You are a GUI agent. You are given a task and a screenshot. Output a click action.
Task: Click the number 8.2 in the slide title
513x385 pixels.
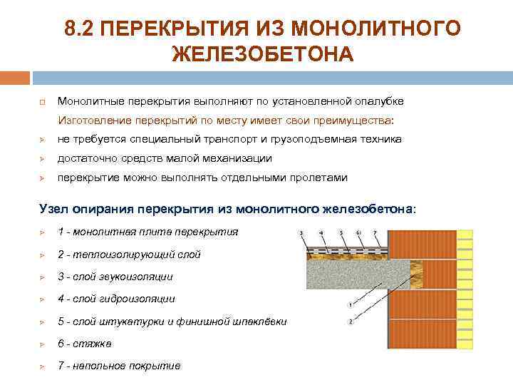[78, 29]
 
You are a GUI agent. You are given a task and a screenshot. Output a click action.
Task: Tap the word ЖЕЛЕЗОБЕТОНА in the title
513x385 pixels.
[262, 54]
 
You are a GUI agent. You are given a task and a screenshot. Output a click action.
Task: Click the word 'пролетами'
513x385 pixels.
[318, 178]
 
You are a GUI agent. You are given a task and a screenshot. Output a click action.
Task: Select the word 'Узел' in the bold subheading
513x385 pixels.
[53, 208]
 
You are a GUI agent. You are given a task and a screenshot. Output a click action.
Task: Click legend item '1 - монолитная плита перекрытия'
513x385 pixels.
[147, 232]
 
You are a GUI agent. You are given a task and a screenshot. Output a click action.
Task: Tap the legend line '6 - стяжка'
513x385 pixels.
[84, 344]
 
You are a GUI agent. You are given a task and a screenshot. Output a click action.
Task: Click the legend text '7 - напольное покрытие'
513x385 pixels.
[119, 366]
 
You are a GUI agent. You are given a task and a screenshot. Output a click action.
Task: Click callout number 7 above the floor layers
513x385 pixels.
[375, 233]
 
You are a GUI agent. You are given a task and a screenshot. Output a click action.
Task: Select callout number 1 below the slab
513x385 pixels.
[350, 305]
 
